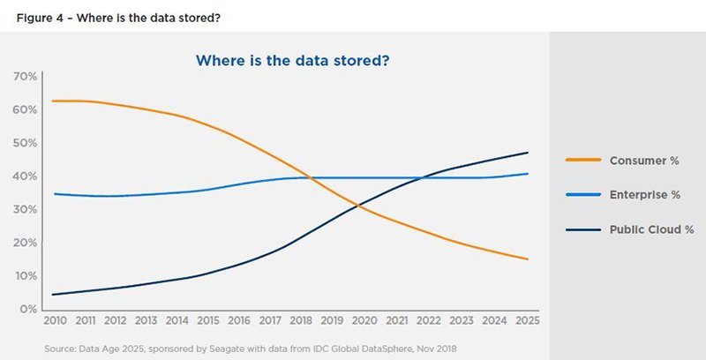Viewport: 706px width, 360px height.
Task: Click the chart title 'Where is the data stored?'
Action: [x=293, y=61]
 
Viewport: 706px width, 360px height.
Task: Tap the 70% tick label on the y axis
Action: [x=25, y=77]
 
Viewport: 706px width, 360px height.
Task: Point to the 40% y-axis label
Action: [x=25, y=176]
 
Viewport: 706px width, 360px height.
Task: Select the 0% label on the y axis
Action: [x=28, y=310]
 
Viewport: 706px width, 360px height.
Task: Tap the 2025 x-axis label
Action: [x=526, y=321]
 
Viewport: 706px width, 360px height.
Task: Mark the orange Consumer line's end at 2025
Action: [x=528, y=259]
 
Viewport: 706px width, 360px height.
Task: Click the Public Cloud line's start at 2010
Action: [x=54, y=295]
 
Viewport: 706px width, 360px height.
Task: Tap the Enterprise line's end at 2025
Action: [x=528, y=174]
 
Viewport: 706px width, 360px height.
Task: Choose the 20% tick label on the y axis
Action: [x=25, y=243]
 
